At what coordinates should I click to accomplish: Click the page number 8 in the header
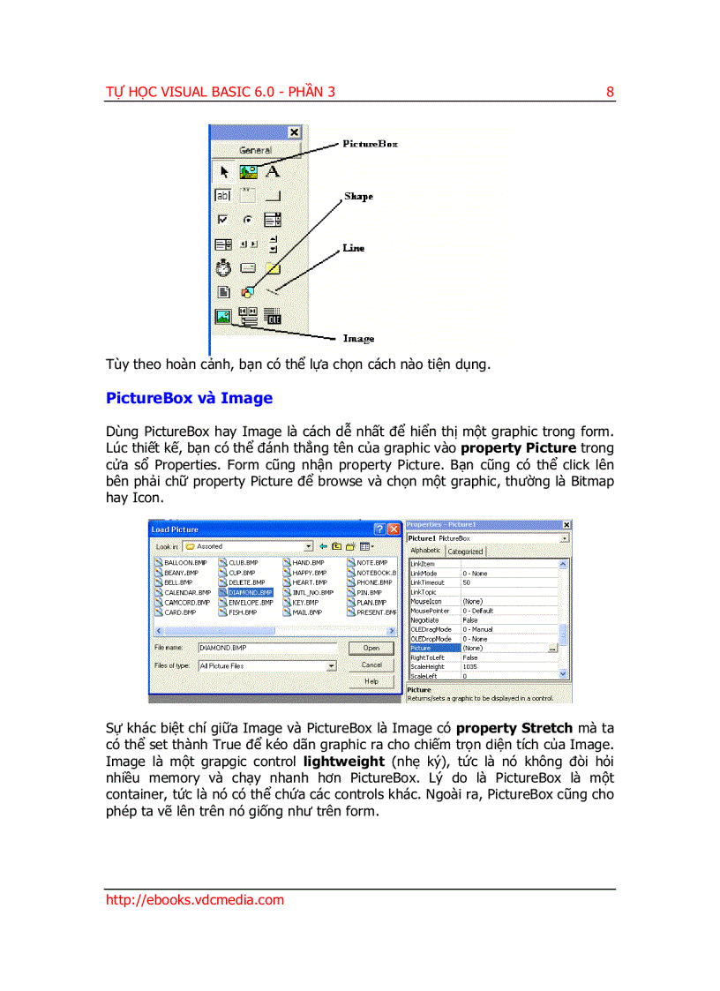coord(610,92)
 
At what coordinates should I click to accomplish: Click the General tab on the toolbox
coord(255,150)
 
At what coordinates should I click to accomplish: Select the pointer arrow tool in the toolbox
coord(224,172)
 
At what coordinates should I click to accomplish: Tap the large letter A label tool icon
coord(273,171)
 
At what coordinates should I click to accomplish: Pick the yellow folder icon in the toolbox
coord(274,267)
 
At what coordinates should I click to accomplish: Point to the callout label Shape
coord(358,197)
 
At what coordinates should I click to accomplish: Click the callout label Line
coord(353,248)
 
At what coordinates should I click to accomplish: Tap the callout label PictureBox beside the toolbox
coord(370,144)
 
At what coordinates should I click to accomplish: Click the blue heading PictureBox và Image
coord(189,398)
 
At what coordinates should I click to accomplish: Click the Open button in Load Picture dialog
coord(371,648)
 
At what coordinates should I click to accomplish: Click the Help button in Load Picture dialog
coord(371,681)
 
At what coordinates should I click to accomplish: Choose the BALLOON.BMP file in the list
coord(184,562)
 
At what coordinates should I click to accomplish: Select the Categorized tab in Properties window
coord(465,552)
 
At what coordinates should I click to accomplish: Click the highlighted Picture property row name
coord(421,648)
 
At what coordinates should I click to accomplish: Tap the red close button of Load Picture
coord(394,529)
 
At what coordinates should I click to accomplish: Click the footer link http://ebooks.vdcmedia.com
coord(195,900)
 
